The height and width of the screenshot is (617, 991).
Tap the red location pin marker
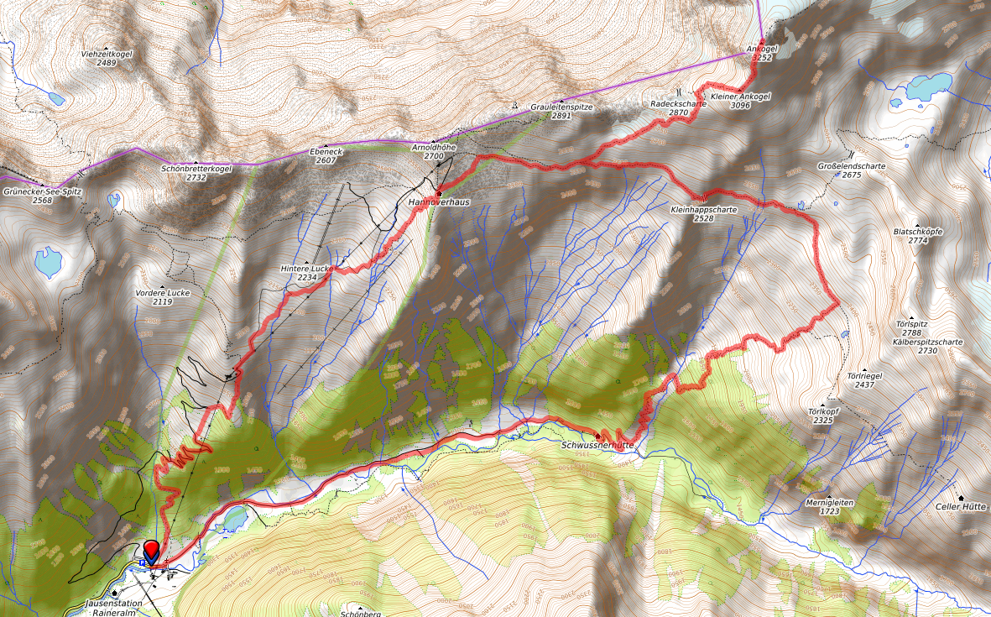(152, 552)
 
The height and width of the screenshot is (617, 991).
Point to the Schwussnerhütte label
(597, 444)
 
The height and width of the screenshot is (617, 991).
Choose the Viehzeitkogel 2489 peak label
(106, 58)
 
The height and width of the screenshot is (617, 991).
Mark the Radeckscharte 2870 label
(679, 107)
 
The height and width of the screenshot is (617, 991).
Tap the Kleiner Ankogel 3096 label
(740, 101)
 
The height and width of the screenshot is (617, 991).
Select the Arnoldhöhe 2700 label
(434, 151)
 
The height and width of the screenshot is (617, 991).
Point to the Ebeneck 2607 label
(326, 155)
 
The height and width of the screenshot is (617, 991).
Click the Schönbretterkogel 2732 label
(196, 172)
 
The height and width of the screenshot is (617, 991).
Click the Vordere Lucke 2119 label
(163, 297)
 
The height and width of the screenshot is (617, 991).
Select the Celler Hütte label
(962, 506)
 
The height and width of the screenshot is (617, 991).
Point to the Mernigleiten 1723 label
(829, 506)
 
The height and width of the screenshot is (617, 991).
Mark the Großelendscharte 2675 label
(851, 170)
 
